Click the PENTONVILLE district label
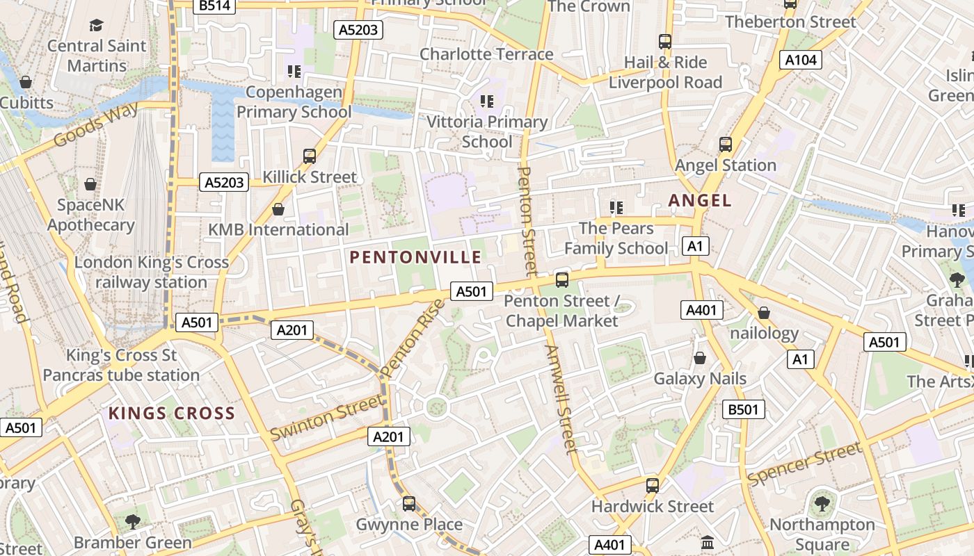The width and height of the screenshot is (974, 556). click(x=415, y=257)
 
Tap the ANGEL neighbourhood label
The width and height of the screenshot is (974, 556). click(x=700, y=201)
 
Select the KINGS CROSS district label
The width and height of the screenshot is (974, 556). click(x=172, y=414)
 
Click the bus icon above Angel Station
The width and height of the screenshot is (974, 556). click(x=726, y=145)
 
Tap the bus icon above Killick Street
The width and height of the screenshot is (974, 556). click(x=310, y=156)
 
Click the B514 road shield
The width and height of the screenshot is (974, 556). click(x=216, y=6)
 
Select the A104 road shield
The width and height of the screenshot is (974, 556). click(x=800, y=60)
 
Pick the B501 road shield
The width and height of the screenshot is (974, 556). click(x=743, y=409)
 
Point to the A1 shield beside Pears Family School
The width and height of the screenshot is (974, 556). click(x=696, y=245)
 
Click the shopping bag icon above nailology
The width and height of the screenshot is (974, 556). click(x=764, y=313)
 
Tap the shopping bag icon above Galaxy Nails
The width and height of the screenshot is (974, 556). click(x=700, y=358)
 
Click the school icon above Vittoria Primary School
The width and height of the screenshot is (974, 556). click(x=487, y=101)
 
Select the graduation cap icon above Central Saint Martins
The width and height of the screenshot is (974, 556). click(x=96, y=26)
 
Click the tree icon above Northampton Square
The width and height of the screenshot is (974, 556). click(x=822, y=503)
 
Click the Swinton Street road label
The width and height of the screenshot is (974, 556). click(x=326, y=417)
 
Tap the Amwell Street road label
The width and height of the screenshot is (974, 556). click(x=561, y=399)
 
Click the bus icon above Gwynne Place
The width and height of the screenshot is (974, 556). click(x=409, y=503)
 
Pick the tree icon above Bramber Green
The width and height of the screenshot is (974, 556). click(x=132, y=521)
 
